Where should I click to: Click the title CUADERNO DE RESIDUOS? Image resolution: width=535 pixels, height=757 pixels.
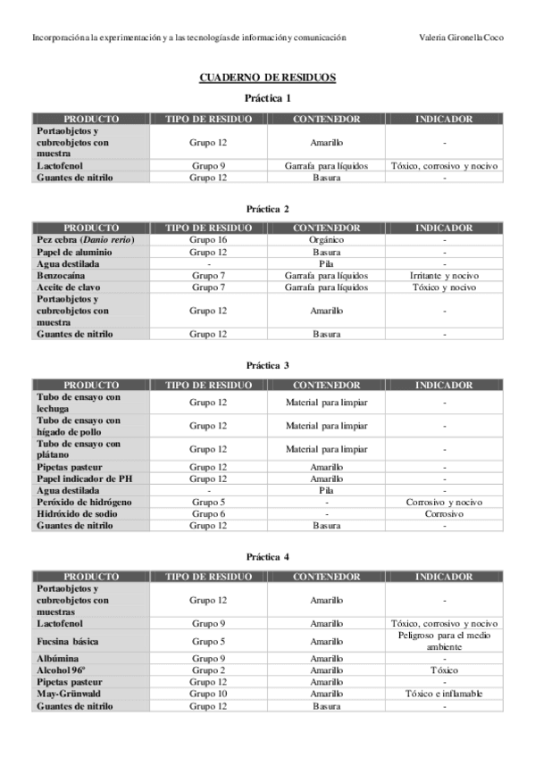point(267,78)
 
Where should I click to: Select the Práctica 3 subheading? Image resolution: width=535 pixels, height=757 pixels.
point(267,366)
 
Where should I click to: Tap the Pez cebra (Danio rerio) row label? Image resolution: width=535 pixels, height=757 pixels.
point(79,240)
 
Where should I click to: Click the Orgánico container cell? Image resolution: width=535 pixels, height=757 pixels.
point(326,240)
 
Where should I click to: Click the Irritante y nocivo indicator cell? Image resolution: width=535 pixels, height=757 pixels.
point(444,275)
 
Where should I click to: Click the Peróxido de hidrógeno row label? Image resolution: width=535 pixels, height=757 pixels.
point(85,503)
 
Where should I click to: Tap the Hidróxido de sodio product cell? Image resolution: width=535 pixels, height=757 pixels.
point(79,514)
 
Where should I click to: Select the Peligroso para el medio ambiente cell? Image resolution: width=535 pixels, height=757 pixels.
point(444,641)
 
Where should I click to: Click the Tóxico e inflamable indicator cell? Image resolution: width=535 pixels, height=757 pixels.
point(444,694)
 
